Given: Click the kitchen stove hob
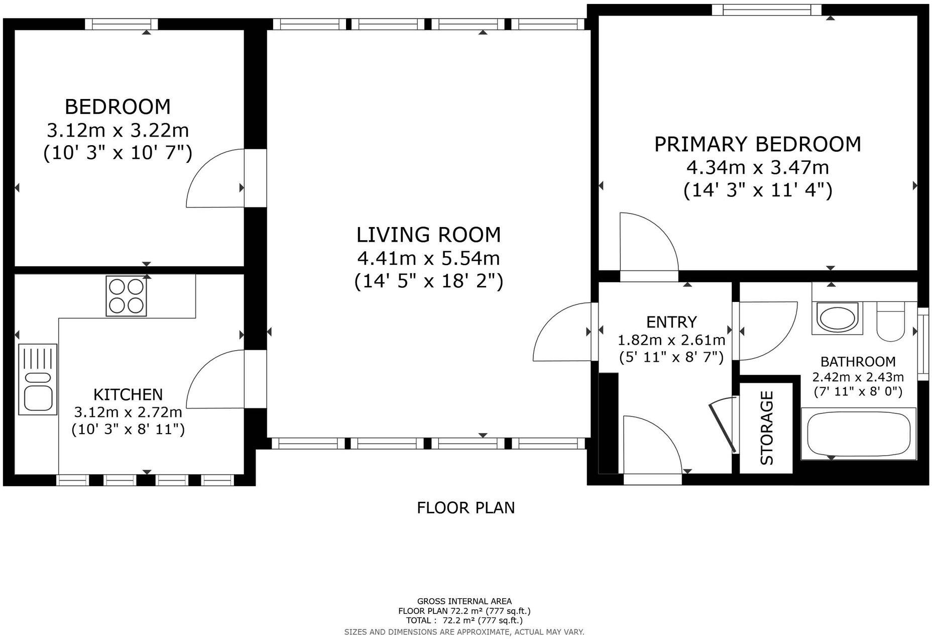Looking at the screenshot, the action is click(x=126, y=296).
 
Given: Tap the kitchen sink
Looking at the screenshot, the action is click(x=38, y=379).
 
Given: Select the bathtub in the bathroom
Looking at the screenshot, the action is click(x=858, y=434).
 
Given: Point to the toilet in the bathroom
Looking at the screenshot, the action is click(x=890, y=322).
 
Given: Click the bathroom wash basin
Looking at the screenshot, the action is click(x=837, y=318).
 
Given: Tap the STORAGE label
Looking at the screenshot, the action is click(x=767, y=428).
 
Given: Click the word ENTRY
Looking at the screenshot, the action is click(x=671, y=322).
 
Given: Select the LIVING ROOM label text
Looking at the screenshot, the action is click(x=428, y=235).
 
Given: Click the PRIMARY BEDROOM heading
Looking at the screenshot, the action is click(x=757, y=144).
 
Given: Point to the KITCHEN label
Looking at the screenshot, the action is click(x=128, y=394).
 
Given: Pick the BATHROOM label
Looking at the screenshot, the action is click(x=858, y=361).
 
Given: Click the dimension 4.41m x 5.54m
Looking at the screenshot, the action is click(x=428, y=258).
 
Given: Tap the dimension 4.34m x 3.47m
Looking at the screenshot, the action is click(x=757, y=167).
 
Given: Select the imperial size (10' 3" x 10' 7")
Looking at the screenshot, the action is click(x=118, y=153).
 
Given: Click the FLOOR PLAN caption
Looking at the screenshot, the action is click(x=465, y=508).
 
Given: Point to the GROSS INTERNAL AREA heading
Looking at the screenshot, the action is click(x=464, y=601).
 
